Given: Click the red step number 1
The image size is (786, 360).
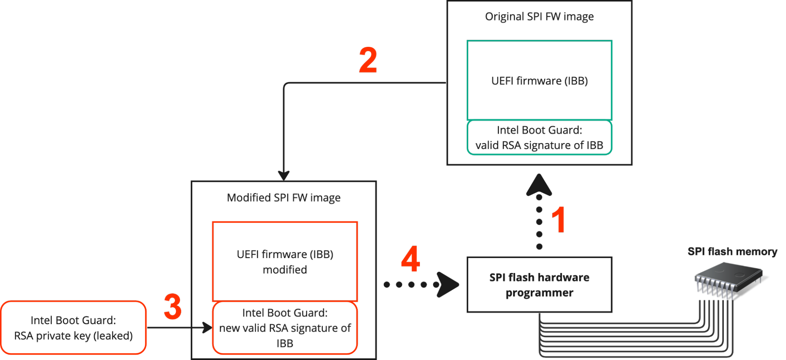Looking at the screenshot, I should (558, 220).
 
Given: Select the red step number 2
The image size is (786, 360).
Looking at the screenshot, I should (368, 60).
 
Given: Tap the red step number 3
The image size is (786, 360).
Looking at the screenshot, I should (173, 306).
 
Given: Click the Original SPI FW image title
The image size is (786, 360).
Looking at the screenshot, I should (539, 17).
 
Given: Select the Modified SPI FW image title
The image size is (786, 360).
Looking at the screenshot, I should (283, 198).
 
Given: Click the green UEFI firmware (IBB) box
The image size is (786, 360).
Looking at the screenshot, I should (539, 80).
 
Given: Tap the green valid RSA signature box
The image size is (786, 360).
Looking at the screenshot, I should (539, 138).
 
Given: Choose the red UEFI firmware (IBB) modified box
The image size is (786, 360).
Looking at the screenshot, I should (285, 262).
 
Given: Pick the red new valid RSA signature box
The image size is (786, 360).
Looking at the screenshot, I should (285, 328).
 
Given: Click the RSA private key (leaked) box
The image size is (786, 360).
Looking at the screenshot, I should (73, 328).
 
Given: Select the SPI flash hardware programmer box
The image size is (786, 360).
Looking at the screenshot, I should (539, 285).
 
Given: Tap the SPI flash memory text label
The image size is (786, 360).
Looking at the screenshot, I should (732, 252).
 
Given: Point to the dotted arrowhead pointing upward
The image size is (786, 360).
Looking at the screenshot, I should (539, 185).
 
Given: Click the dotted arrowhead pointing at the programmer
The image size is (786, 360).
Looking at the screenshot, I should (448, 284).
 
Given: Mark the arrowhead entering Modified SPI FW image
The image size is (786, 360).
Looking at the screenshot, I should (283, 175).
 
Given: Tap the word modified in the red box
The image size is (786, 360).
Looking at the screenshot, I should (285, 270).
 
